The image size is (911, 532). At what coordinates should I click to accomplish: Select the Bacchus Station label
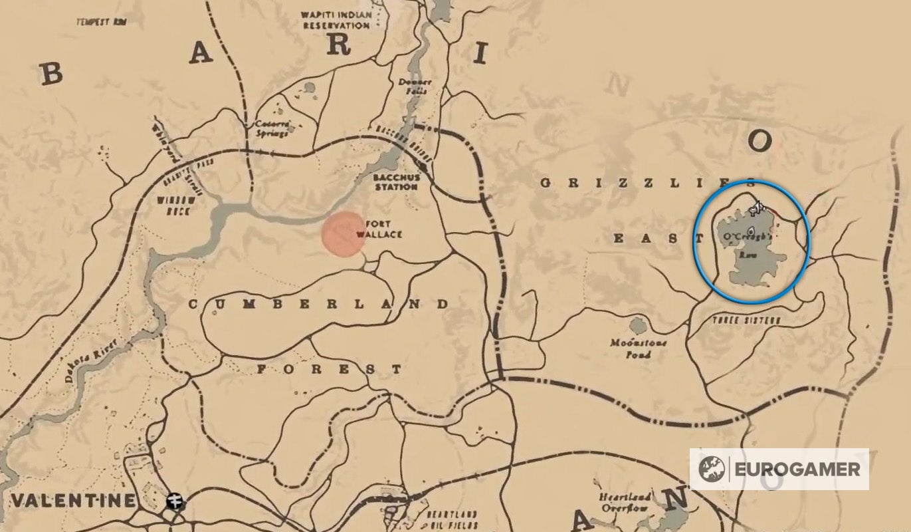point(395,182)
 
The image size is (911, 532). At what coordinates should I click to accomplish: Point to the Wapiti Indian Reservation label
point(335,20)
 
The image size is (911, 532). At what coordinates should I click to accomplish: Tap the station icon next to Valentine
point(176,499)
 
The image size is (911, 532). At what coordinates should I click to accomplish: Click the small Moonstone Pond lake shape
point(638,326)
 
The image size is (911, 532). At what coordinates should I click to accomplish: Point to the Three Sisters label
point(736,321)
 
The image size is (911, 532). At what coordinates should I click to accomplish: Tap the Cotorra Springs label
point(272,128)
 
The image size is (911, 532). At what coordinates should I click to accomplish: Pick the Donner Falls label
point(415,86)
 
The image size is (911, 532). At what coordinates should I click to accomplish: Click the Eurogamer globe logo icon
point(712,469)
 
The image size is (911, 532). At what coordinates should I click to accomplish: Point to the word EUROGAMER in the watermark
point(797,469)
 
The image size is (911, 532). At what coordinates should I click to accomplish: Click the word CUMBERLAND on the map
point(319,304)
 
